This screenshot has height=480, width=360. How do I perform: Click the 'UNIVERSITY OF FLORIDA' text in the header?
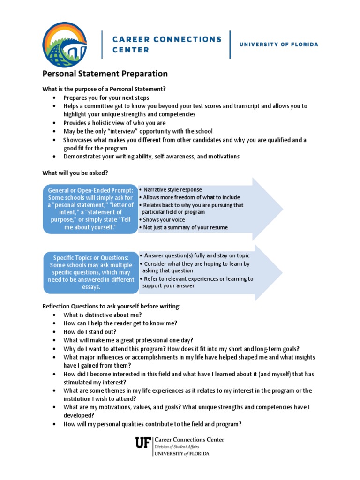278,45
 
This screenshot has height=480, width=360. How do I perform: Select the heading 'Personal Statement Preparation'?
105,74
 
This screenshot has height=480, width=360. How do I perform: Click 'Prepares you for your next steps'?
106,98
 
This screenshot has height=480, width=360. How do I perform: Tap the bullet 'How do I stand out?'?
90,331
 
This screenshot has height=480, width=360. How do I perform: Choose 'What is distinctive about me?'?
102,315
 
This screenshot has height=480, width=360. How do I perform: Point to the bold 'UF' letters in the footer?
142,443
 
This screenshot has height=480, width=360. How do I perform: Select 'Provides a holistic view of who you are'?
115,123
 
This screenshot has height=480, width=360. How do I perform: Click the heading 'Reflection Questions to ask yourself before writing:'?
112,306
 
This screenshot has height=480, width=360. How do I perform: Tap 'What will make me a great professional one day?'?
128,340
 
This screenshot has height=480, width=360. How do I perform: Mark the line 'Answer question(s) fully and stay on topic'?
196,255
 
